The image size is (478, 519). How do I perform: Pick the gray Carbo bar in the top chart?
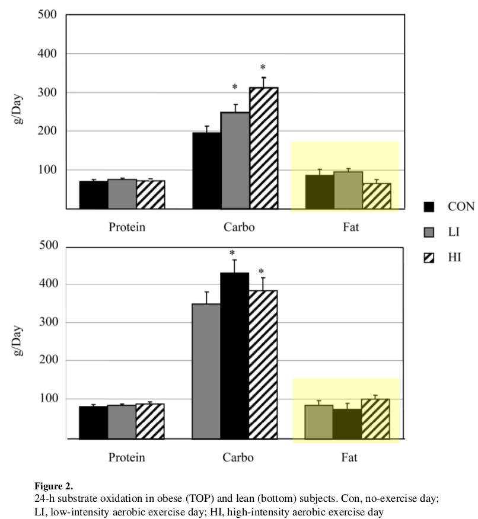(235, 160)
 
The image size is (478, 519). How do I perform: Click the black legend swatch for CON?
(429, 207)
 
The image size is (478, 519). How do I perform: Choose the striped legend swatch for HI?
(429, 257)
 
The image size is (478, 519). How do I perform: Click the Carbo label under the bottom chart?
(238, 458)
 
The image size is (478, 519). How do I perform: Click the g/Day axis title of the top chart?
(20, 111)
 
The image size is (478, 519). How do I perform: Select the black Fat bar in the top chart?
(320, 192)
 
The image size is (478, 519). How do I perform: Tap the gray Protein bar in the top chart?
(122, 194)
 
